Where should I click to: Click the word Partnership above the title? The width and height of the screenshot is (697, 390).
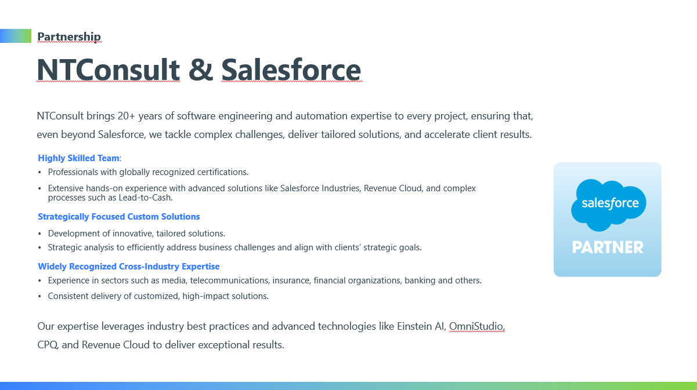(69, 37)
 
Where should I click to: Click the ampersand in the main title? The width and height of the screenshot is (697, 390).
(201, 70)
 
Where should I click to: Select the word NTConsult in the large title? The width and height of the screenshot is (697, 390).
(108, 70)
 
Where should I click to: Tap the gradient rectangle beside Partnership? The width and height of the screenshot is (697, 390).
(16, 36)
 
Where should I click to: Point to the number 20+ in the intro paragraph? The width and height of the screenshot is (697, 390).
(127, 116)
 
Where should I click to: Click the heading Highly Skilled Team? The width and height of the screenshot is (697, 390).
(79, 158)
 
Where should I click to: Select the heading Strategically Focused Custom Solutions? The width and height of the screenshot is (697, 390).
(119, 217)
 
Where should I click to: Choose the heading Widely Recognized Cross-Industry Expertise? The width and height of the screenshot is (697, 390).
(129, 267)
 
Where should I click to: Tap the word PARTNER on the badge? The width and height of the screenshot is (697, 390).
(608, 247)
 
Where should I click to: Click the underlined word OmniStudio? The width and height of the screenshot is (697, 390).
(476, 326)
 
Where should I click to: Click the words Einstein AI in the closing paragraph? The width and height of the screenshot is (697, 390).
(421, 326)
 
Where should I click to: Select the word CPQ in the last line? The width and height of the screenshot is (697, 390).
(47, 345)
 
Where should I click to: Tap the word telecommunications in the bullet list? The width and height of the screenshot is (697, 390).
(229, 280)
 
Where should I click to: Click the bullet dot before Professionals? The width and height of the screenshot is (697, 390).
(39, 173)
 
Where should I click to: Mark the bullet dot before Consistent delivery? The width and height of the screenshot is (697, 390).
(39, 297)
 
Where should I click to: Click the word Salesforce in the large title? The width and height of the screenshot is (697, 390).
(291, 70)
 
